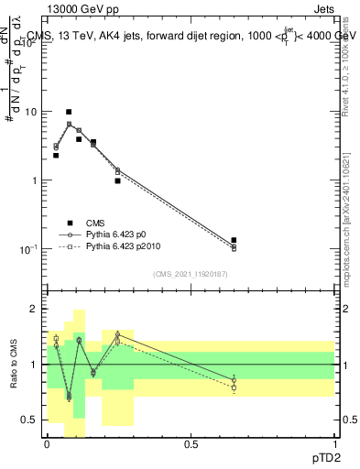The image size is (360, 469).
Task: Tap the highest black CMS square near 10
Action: pos(69,112)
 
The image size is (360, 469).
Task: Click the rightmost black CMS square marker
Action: pos(234,240)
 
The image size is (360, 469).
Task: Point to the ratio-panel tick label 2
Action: pos(34,309)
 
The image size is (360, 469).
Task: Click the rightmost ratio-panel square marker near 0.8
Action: pos(234,388)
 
